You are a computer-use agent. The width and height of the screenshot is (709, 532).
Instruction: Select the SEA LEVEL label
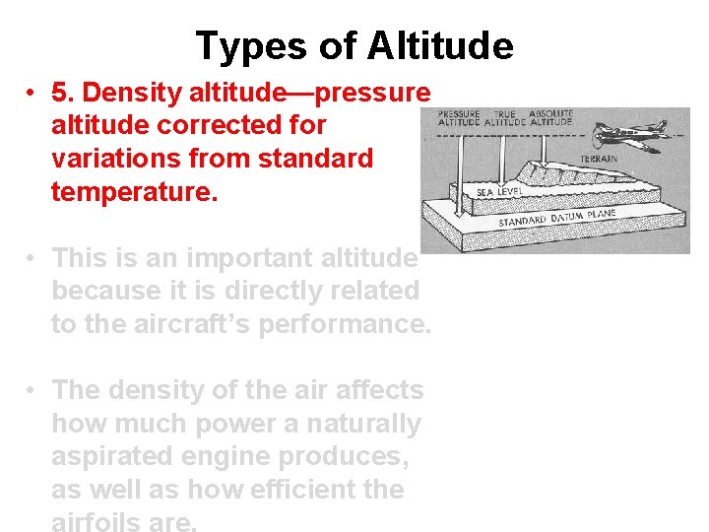[498, 190]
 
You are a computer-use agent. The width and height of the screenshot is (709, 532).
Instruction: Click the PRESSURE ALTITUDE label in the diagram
[458, 119]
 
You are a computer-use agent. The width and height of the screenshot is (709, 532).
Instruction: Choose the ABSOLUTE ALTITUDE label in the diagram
[552, 119]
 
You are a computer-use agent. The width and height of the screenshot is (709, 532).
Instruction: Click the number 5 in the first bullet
[60, 93]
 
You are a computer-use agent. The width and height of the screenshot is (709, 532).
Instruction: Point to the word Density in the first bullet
[121, 93]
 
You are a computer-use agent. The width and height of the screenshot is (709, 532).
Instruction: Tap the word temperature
[132, 190]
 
